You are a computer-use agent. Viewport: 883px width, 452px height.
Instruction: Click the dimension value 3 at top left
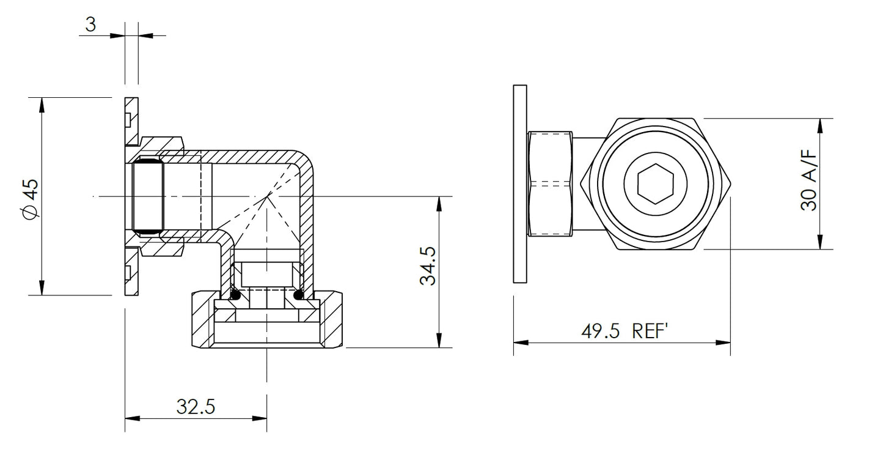pos(90,25)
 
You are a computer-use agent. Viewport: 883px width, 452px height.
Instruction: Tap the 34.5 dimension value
pos(427,266)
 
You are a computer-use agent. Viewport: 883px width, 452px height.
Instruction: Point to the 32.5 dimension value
pos(196,406)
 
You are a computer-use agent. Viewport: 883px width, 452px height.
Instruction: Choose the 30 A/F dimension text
pos(808,183)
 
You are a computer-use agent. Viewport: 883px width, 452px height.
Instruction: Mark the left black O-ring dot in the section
pos(236,296)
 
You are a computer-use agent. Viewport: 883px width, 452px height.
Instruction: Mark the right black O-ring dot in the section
pos(299,296)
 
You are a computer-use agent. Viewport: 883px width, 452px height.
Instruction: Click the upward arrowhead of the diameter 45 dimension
pos(42,105)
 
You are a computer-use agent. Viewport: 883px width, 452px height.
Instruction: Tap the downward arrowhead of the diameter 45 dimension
pos(42,287)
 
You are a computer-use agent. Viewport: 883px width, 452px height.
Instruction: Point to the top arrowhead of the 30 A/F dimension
pos(819,126)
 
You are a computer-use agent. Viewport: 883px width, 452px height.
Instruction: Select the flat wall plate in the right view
pos(520,183)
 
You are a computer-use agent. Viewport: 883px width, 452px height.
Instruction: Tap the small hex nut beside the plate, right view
pos(550,183)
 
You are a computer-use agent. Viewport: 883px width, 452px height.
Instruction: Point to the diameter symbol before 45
pos(28,212)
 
